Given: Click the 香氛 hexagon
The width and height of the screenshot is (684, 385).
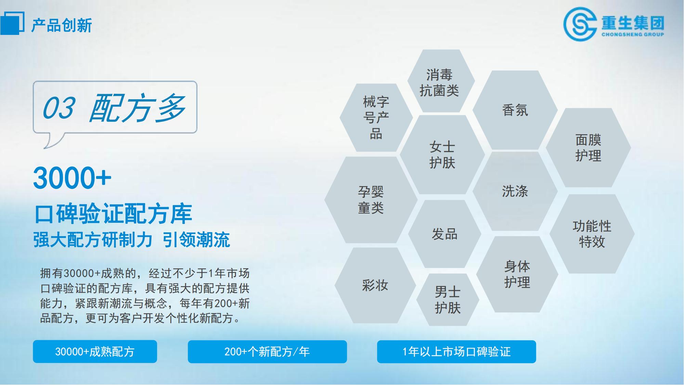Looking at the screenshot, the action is (x=515, y=110).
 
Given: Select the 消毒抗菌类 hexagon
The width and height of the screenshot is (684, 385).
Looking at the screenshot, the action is (x=441, y=81).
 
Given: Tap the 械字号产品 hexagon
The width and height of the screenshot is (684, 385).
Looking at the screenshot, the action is (x=376, y=118).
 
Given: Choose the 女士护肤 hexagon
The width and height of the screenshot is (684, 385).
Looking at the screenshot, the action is (x=442, y=155).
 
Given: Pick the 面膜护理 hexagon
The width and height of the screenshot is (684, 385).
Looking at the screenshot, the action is (x=588, y=148).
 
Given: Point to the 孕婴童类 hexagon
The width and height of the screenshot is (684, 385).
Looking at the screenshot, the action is (x=371, y=200).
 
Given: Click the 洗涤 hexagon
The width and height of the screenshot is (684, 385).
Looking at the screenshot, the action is (x=515, y=191).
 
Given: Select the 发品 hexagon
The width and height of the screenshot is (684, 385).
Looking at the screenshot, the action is (x=445, y=234).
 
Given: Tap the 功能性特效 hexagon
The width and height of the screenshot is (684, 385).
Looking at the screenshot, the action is (x=592, y=234).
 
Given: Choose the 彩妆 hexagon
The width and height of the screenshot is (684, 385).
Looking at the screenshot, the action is (x=375, y=285).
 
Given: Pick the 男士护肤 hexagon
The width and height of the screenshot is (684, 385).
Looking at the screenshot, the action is (x=448, y=300).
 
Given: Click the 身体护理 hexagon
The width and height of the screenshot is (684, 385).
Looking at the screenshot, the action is (x=517, y=274).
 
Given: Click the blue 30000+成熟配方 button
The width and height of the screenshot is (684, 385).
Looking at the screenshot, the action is (x=95, y=351).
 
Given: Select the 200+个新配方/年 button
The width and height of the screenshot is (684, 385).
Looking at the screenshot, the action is (x=267, y=351).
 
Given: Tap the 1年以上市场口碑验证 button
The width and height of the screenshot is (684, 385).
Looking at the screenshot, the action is (x=456, y=351).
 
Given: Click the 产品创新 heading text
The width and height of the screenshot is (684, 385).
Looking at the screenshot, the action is (x=62, y=25).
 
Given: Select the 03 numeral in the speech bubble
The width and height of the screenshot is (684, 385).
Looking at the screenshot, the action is (x=58, y=108).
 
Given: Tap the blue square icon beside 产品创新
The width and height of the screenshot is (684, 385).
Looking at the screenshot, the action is (x=12, y=23).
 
